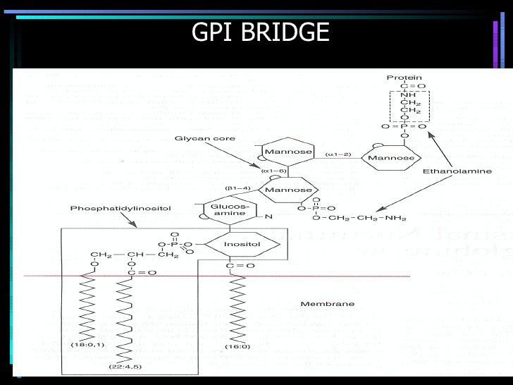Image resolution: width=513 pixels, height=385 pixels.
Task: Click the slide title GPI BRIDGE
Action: (x=260, y=32)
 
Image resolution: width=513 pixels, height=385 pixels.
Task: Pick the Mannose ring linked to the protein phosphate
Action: (x=392, y=157)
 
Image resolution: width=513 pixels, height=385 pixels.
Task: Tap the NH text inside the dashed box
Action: (x=408, y=95)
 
